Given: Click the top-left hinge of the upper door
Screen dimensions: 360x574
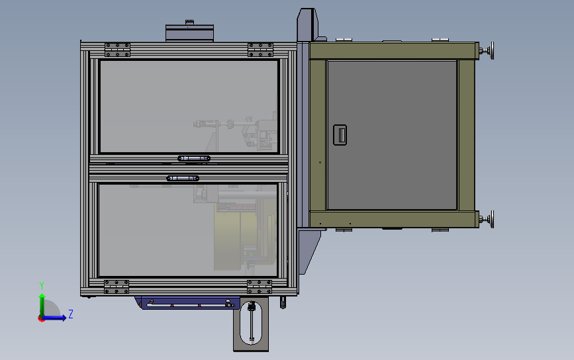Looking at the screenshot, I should [x=117, y=50].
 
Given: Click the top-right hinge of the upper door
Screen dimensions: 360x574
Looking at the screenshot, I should [x=260, y=50].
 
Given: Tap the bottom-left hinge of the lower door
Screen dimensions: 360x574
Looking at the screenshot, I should [x=117, y=287].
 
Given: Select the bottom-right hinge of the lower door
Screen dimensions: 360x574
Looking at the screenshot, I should [x=260, y=287].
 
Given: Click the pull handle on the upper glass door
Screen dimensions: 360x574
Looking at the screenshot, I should [x=194, y=158].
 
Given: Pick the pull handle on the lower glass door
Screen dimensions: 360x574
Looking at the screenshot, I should [x=183, y=178].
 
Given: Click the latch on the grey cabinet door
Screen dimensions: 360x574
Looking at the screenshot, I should [x=340, y=135].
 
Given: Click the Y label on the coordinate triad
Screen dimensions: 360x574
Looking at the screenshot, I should [x=42, y=285].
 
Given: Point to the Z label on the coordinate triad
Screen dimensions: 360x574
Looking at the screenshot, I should [x=71, y=314].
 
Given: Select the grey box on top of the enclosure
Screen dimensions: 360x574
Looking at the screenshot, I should [x=189, y=33].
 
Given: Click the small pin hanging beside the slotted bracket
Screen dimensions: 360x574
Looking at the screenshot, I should [x=283, y=303].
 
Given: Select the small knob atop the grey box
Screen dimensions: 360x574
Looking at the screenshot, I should [x=189, y=22].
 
